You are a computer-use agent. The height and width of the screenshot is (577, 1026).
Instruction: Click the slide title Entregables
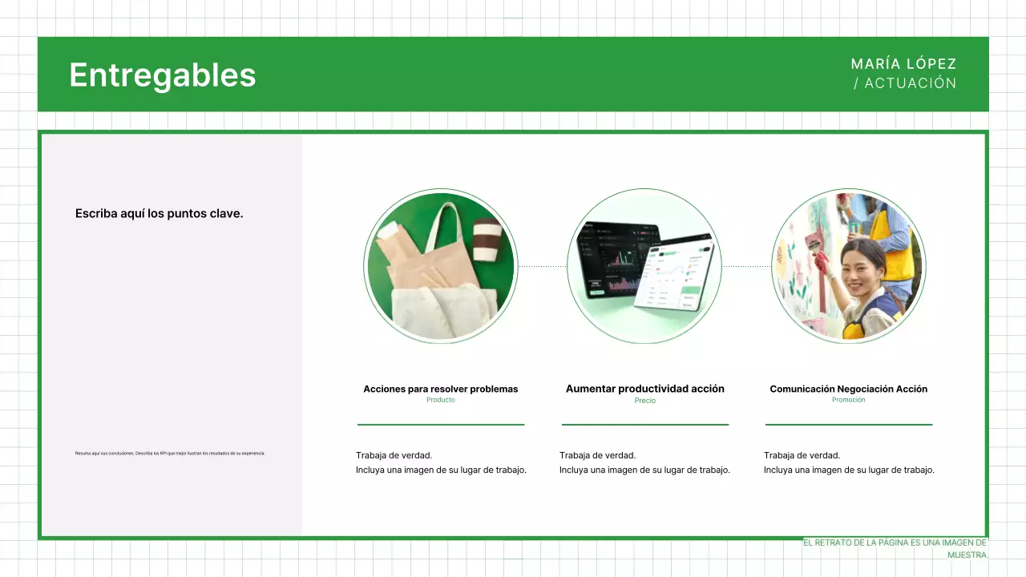(163, 75)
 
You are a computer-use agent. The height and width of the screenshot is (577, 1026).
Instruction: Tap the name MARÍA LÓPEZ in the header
(903, 64)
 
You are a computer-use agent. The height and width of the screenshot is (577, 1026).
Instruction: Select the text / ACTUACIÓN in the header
(905, 83)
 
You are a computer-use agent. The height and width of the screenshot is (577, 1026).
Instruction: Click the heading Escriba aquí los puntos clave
(159, 214)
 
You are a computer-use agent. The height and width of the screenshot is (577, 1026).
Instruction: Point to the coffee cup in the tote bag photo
(487, 240)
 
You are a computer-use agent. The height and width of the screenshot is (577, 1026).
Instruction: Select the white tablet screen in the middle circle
(675, 272)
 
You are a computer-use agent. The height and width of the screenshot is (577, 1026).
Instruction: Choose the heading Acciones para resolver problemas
(441, 389)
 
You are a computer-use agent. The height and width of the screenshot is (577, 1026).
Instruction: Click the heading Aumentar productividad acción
(645, 389)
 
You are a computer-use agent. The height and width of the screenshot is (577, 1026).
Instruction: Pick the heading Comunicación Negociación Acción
(849, 389)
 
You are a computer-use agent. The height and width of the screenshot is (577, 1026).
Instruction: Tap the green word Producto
(441, 400)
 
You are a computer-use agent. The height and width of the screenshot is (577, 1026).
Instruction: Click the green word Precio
(645, 401)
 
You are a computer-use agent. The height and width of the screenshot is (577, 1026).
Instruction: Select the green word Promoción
(849, 400)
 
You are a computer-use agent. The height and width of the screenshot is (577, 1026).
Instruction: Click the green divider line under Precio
(645, 424)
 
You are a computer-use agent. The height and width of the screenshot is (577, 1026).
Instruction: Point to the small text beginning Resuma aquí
(169, 454)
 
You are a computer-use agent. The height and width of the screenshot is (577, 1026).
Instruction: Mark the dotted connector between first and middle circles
(542, 266)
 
